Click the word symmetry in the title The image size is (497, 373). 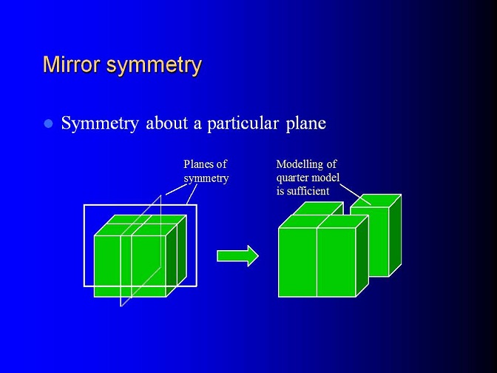pyautogui.click(x=154, y=66)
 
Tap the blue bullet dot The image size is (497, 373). pyautogui.click(x=49, y=124)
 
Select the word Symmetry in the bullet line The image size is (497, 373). pyautogui.click(x=100, y=124)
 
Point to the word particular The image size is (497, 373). pyautogui.click(x=243, y=124)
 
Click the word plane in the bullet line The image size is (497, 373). pyautogui.click(x=306, y=124)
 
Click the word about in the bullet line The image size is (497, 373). pyautogui.click(x=166, y=123)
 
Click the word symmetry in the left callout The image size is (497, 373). pyautogui.click(x=206, y=178)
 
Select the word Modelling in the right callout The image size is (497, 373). pyautogui.click(x=300, y=164)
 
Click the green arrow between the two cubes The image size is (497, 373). pyautogui.click(x=237, y=256)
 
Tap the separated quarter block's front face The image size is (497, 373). pyautogui.click(x=370, y=242)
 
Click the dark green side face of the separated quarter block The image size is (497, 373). pyautogui.click(x=395, y=235)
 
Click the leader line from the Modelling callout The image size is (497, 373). pyautogui.click(x=355, y=194)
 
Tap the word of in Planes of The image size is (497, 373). pyautogui.click(x=221, y=164)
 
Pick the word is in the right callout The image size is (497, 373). pyautogui.click(x=280, y=191)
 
